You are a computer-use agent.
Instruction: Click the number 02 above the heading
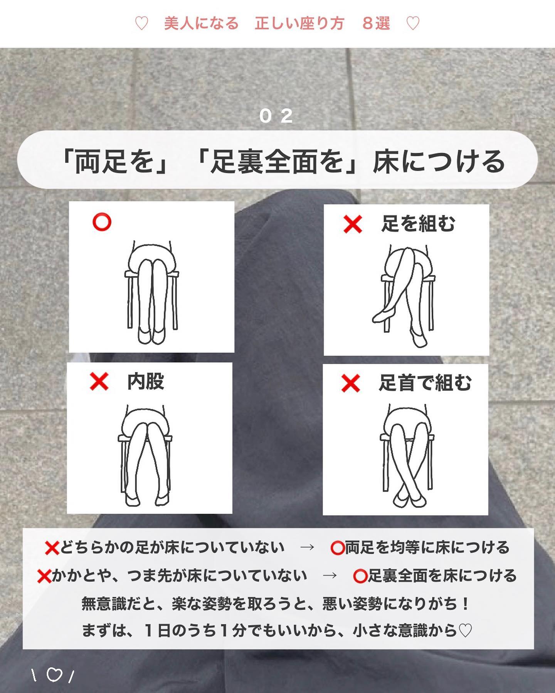click(x=276, y=116)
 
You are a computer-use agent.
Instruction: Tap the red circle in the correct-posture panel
click(x=102, y=222)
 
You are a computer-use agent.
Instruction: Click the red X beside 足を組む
click(x=353, y=224)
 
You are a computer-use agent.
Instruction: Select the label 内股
click(x=146, y=382)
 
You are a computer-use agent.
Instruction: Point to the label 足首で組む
click(x=425, y=383)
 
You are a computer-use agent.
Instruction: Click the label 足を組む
click(x=418, y=224)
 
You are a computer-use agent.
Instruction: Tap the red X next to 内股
click(x=99, y=382)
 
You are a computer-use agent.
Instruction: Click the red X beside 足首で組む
click(x=350, y=383)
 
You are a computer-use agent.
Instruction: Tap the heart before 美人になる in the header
click(x=141, y=24)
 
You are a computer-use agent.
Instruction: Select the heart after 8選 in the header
click(x=413, y=24)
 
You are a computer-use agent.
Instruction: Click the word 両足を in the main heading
click(x=114, y=161)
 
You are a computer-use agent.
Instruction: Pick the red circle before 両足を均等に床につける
click(x=337, y=548)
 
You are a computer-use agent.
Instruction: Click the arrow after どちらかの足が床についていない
click(x=307, y=547)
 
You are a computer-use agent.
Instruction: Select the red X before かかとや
click(x=44, y=576)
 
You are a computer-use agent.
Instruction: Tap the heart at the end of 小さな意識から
click(x=466, y=631)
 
